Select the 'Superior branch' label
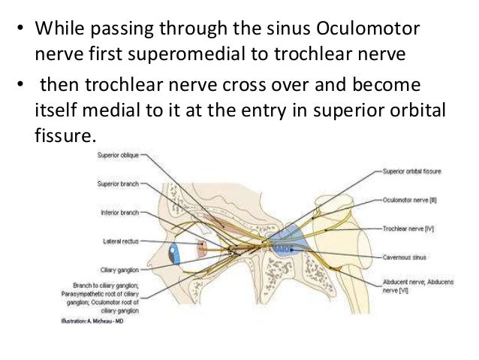pyautogui.click(x=118, y=184)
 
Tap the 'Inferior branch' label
pyautogui.click(x=119, y=213)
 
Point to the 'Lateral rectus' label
pyautogui.click(x=120, y=241)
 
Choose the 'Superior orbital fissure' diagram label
pyautogui.click(x=412, y=171)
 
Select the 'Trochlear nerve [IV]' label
pyautogui.click(x=407, y=227)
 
